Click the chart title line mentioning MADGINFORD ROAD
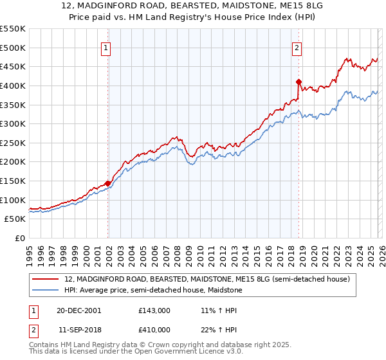click(x=193, y=6)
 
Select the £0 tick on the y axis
click(x=20, y=238)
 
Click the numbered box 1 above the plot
click(x=105, y=47)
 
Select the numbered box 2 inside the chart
click(x=297, y=47)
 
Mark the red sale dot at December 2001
click(x=107, y=183)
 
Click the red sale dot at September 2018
click(x=299, y=82)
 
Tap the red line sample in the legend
click(x=46, y=280)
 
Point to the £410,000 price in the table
click(x=154, y=329)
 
